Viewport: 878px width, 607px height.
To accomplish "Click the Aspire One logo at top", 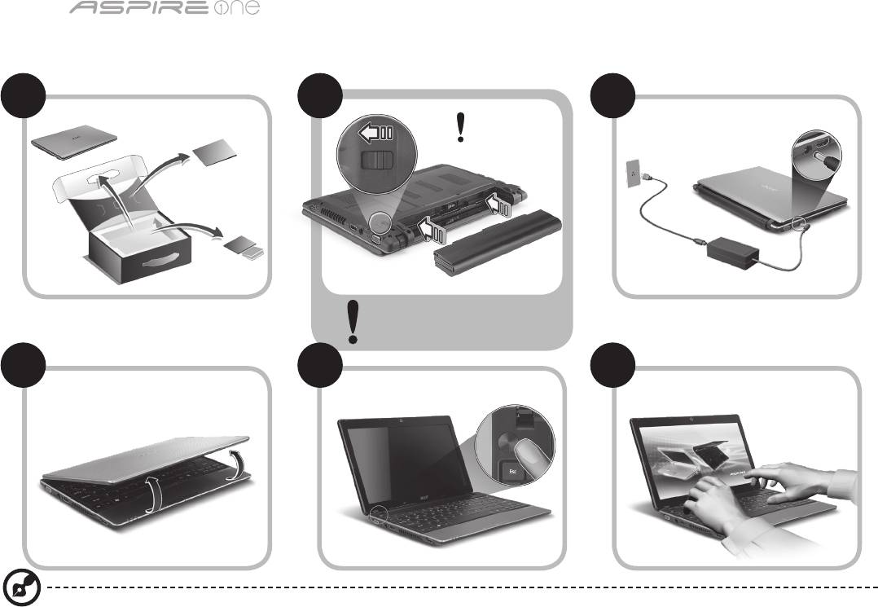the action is coord(165,8).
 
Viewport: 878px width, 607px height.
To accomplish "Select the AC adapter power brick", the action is coord(733,253).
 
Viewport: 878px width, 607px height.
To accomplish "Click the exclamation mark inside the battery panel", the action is coord(460,127).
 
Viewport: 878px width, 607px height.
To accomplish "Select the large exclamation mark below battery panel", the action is coord(353,322).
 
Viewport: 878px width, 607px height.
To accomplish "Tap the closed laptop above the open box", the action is coord(74,141).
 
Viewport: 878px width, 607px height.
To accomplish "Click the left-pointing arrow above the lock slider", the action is coord(376,134).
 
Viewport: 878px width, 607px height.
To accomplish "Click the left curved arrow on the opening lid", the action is coord(154,495).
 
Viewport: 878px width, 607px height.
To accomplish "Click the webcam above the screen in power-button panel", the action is coord(402,420).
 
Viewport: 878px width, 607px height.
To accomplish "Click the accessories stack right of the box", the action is coord(244,249).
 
